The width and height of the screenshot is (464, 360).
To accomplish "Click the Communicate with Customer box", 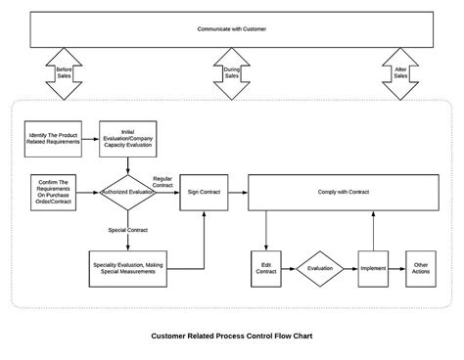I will click(232, 29).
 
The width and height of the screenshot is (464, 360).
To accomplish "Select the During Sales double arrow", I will click(232, 74).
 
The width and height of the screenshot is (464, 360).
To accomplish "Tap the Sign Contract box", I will click(205, 193).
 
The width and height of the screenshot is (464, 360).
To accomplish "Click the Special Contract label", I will click(127, 230).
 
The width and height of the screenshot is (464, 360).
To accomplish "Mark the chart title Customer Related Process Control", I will click(232, 336).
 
